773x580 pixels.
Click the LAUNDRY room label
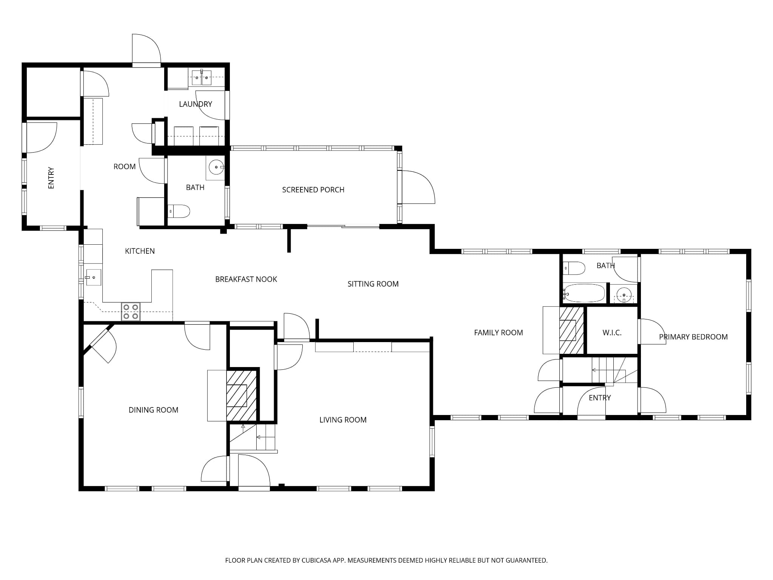click(x=196, y=104)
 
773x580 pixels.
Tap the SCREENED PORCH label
click(x=313, y=190)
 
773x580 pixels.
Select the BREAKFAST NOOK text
click(x=246, y=279)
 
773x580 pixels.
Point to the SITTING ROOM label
click(x=373, y=284)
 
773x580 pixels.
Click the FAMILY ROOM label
click(x=498, y=333)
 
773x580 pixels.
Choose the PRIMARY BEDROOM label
click(x=693, y=337)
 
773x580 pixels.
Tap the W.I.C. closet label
click(x=612, y=333)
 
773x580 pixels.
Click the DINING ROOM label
click(x=153, y=410)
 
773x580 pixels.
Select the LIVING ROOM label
click(x=343, y=420)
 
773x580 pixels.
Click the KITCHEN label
click(x=140, y=251)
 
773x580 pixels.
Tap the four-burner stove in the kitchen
click(x=131, y=312)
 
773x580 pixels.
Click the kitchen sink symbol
click(x=92, y=278)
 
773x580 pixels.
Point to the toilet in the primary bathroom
click(x=574, y=268)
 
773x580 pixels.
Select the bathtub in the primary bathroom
click(x=584, y=293)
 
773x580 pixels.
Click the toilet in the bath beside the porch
click(x=179, y=211)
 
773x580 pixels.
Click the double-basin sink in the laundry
click(x=202, y=77)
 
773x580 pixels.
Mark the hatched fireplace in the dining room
click(x=242, y=395)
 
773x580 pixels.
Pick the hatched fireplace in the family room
click(x=571, y=330)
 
